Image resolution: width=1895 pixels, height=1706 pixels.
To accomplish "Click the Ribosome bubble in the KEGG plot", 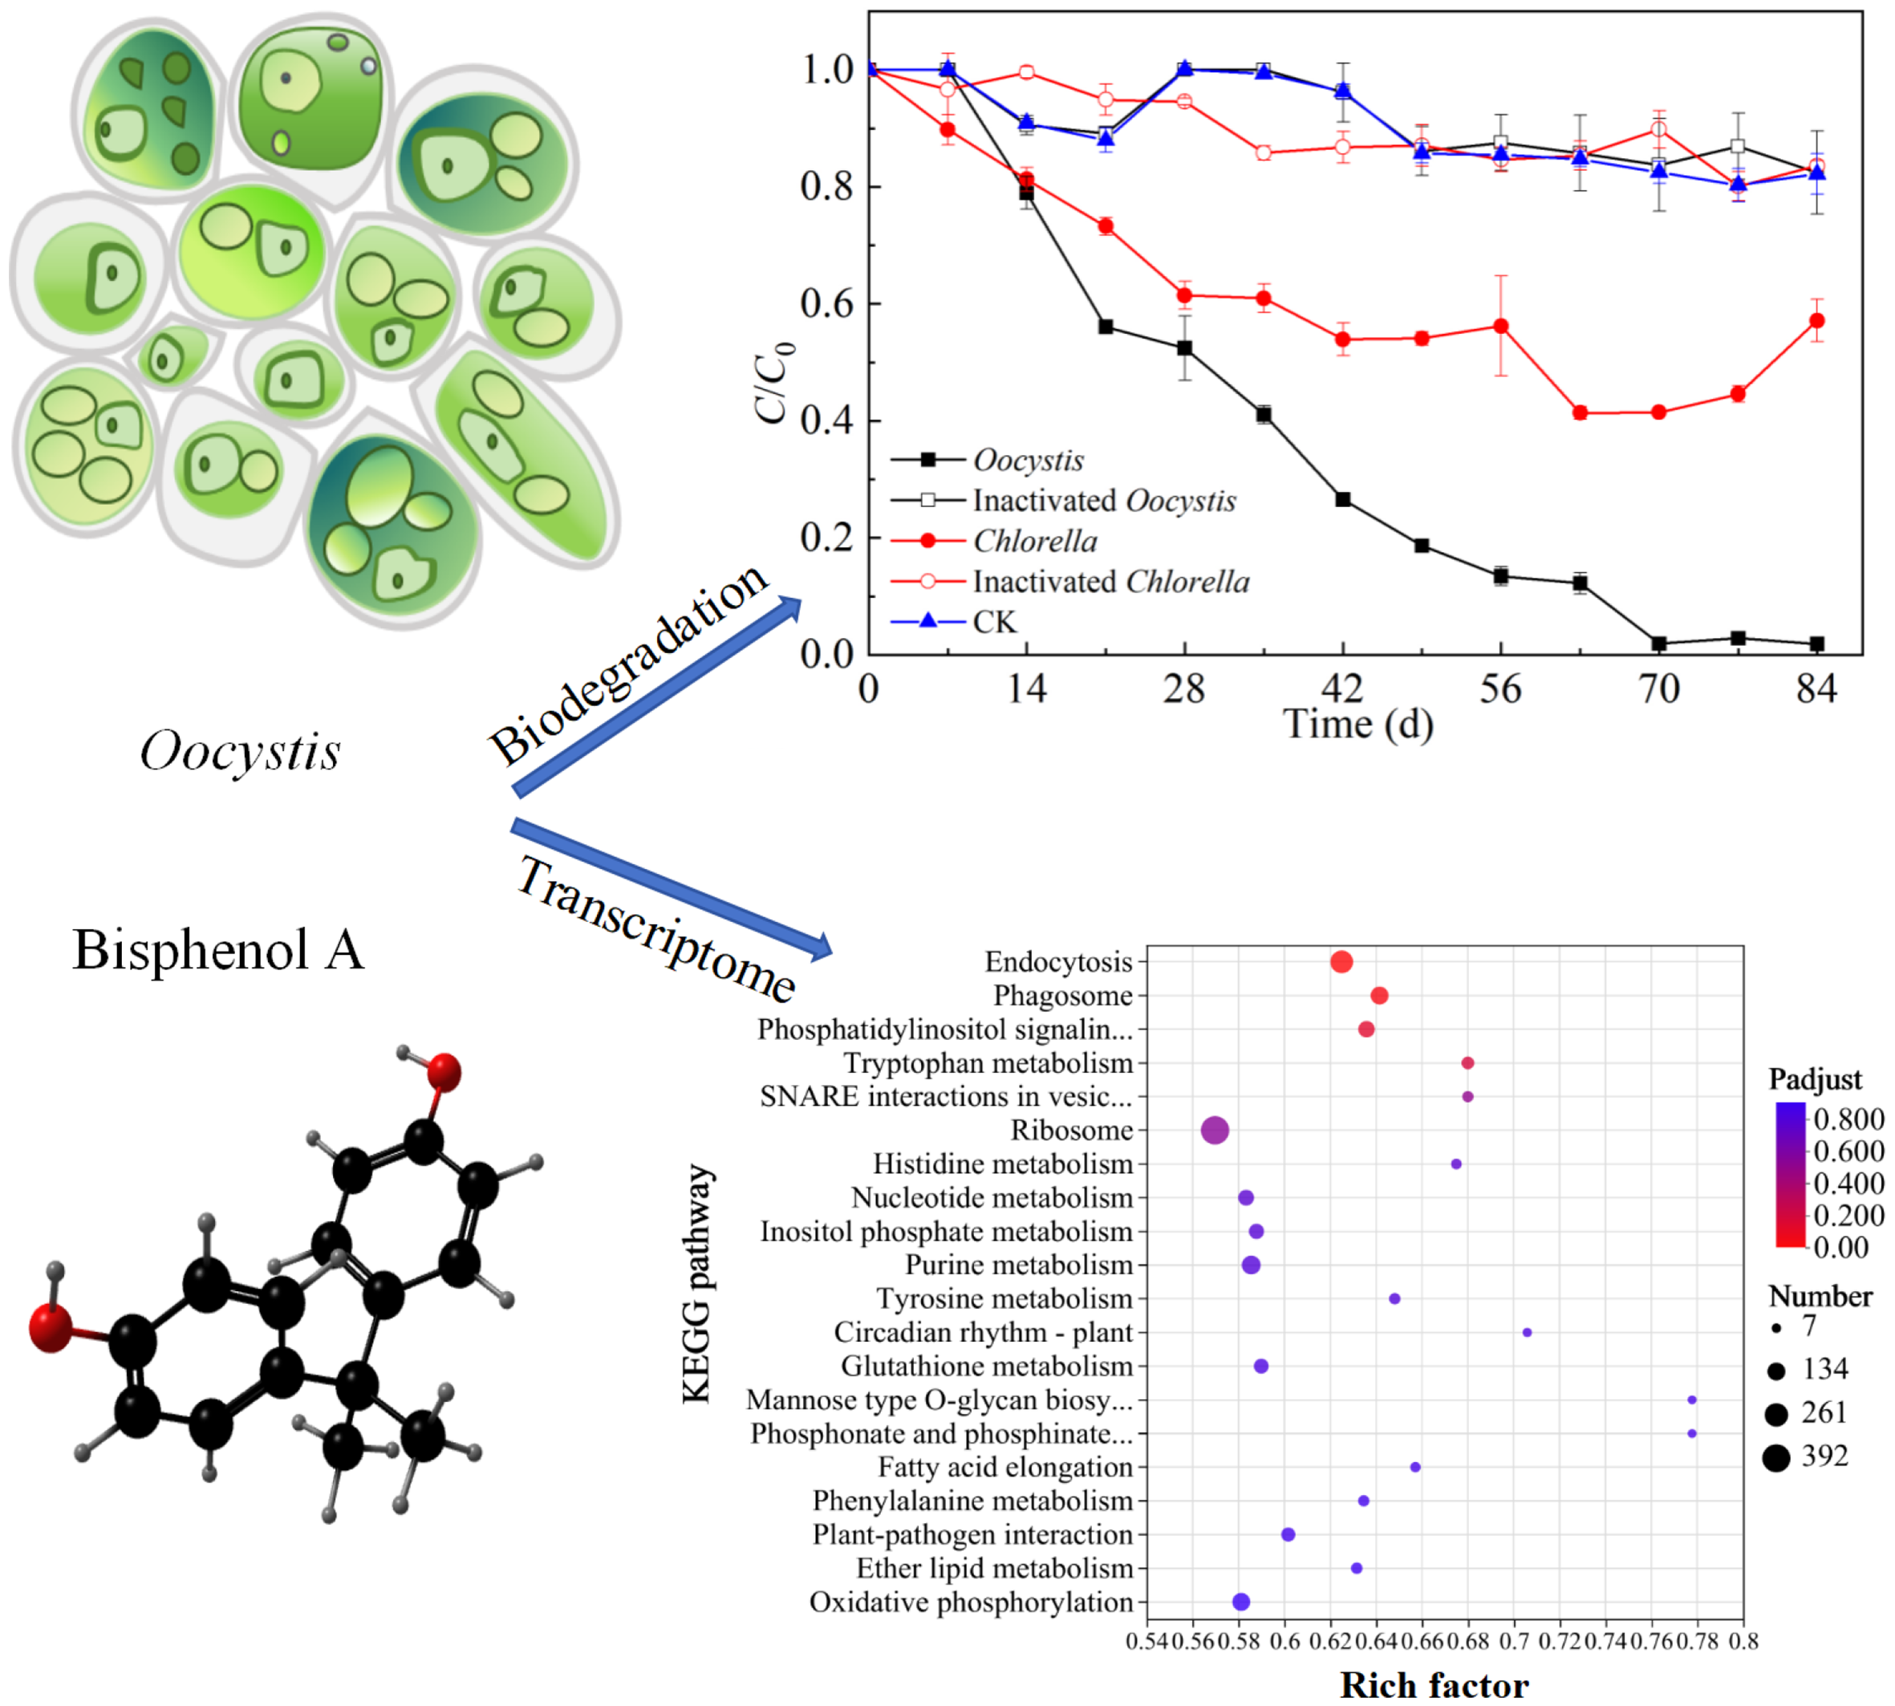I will click(1214, 1131).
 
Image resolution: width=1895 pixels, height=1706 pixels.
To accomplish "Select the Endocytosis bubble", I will click(1341, 962).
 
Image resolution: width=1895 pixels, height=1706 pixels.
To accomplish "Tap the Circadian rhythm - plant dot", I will click(1527, 1332).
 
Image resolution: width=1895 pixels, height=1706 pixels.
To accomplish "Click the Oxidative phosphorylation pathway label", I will click(971, 1602).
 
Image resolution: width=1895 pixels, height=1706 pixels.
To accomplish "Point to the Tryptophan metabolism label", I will click(988, 1063).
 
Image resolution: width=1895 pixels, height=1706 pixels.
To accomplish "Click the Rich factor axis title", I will click(1434, 1684).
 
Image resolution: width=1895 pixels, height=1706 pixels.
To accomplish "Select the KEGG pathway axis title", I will click(696, 1284).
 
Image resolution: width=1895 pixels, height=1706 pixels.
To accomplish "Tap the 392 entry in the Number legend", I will click(1824, 1456).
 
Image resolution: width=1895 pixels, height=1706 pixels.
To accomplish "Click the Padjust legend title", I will click(1815, 1079).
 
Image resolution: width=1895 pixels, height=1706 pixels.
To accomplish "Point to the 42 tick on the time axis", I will click(1342, 689).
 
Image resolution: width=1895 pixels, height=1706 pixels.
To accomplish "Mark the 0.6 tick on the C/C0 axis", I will click(826, 303).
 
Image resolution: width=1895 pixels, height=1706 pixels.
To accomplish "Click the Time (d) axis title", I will click(1357, 724).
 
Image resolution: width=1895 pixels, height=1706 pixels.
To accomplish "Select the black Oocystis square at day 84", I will click(1816, 644).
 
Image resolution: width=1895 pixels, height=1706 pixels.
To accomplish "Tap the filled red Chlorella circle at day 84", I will click(1816, 321).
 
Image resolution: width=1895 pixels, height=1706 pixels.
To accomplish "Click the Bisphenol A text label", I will click(217, 949).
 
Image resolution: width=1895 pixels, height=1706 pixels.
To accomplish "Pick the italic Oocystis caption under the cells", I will click(240, 751).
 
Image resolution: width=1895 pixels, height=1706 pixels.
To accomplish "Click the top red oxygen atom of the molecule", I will click(444, 1072).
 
